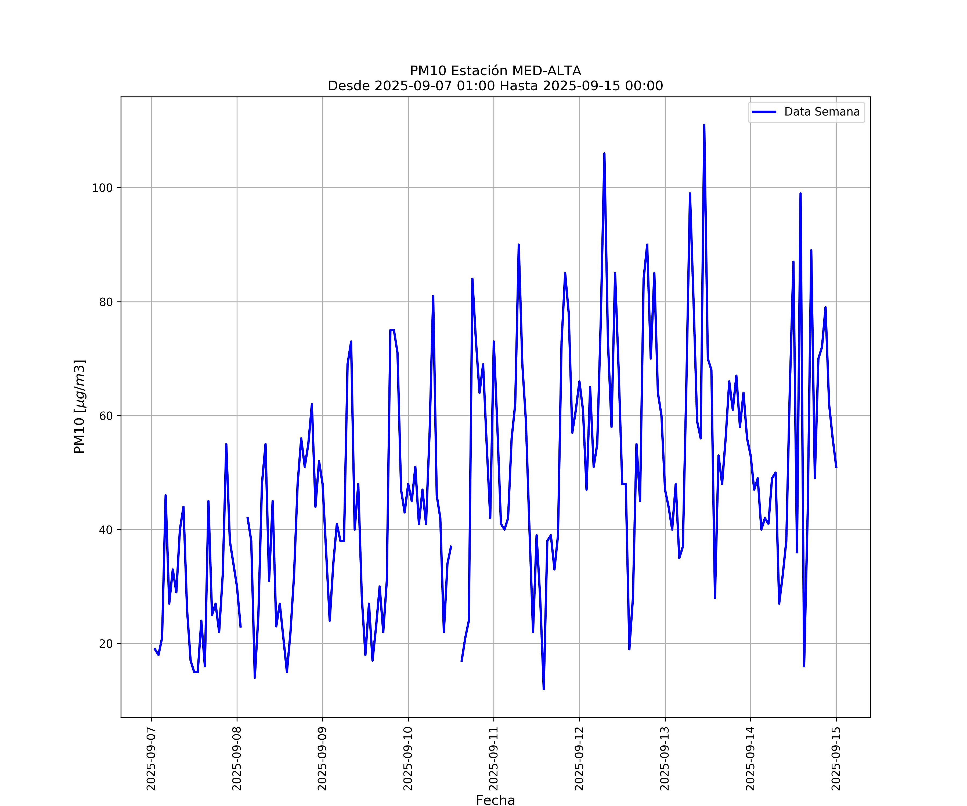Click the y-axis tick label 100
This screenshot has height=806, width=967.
pyautogui.click(x=102, y=188)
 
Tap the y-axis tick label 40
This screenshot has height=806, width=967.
pyautogui.click(x=106, y=530)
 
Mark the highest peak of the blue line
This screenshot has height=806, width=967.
pyautogui.click(x=704, y=125)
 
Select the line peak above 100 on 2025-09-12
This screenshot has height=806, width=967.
pyautogui.click(x=604, y=153)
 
